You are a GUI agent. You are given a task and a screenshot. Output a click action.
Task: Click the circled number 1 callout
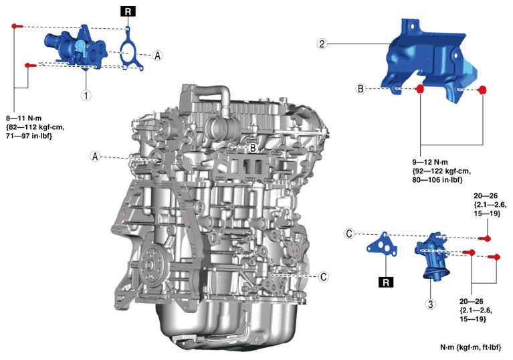(86, 95)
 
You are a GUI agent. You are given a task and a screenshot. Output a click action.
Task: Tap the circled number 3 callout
(431, 304)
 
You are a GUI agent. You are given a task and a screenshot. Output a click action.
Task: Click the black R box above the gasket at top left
(126, 11)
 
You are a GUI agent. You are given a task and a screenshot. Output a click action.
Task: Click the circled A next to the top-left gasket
(158, 56)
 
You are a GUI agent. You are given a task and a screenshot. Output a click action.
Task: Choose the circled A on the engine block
(96, 156)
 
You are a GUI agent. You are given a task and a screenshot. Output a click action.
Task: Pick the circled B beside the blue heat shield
(360, 88)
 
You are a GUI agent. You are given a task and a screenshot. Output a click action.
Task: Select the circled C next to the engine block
(322, 276)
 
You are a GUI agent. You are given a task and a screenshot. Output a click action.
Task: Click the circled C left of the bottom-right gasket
(349, 234)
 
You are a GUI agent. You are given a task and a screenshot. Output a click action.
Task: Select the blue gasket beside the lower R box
(383, 245)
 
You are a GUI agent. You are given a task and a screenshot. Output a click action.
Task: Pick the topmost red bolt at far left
(16, 25)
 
